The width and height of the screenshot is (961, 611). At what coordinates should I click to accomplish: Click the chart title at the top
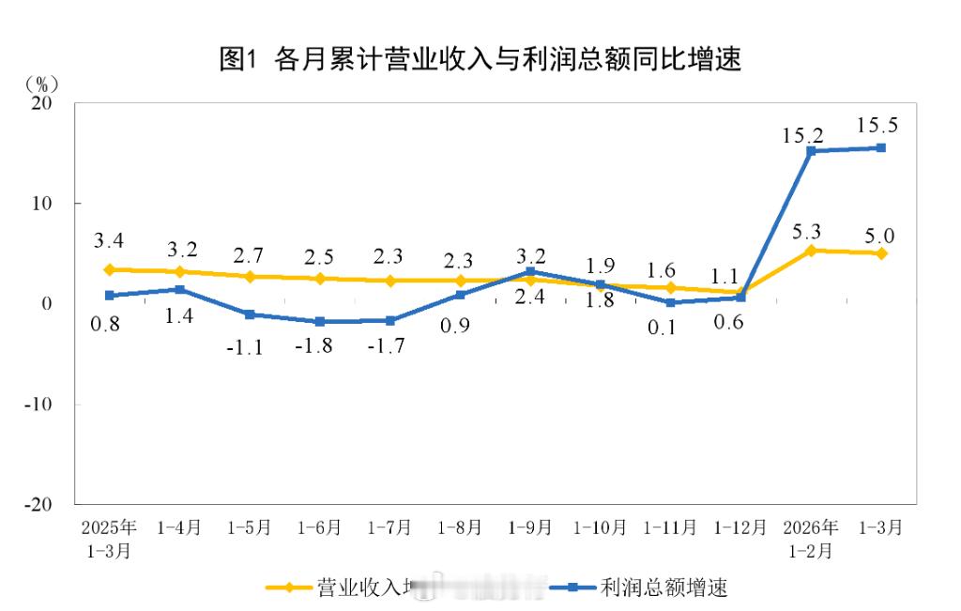pyautogui.click(x=480, y=60)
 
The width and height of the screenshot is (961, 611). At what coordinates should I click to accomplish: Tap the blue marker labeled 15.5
pyautogui.click(x=881, y=147)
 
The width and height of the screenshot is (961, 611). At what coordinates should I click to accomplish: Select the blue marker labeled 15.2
pyautogui.click(x=811, y=150)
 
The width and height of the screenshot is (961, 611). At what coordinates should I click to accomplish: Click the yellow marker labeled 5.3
pyautogui.click(x=811, y=251)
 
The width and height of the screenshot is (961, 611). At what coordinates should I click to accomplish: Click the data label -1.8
pyautogui.click(x=319, y=345)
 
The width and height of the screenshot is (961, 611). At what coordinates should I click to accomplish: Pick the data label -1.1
pyautogui.click(x=249, y=346)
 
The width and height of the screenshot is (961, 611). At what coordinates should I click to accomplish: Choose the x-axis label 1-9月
pyautogui.click(x=530, y=528)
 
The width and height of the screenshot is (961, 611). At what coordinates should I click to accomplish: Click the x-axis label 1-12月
pyautogui.click(x=740, y=528)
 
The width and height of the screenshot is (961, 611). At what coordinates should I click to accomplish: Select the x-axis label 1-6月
pyautogui.click(x=319, y=528)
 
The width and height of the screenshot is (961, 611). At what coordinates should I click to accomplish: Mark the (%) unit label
pyautogui.click(x=39, y=83)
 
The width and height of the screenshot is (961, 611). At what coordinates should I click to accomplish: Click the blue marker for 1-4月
pyautogui.click(x=179, y=290)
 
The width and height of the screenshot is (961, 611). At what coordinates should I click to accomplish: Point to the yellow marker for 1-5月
pyautogui.click(x=250, y=277)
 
